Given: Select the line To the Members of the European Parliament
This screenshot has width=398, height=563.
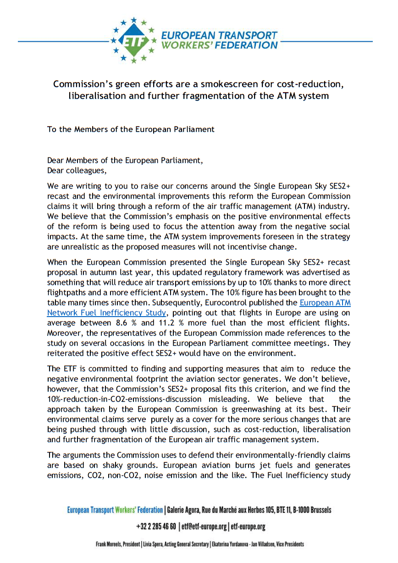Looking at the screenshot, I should tap(131, 129).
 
